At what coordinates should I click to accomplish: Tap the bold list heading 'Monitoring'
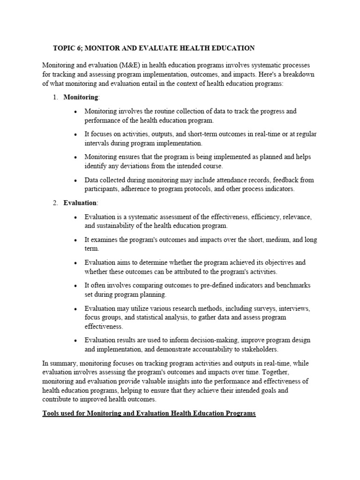[81, 97]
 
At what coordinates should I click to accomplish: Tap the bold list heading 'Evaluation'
[80, 202]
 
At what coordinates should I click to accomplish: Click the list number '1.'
[55, 97]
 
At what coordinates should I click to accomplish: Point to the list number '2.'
[55, 202]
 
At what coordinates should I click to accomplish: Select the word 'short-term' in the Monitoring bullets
[178, 134]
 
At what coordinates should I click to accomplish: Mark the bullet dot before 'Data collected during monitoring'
[75, 180]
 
